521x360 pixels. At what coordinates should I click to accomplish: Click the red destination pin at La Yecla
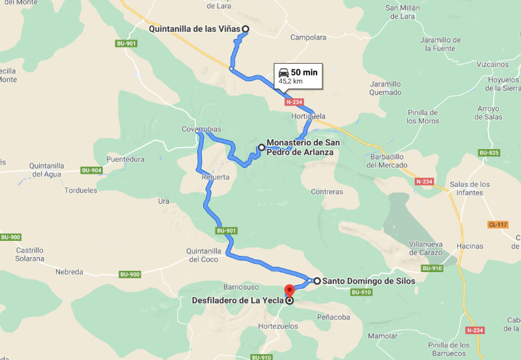pyautogui.click(x=290, y=290)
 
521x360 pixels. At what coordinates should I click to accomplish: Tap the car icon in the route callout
pyautogui.click(x=283, y=72)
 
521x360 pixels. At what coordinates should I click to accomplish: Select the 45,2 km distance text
pyautogui.click(x=290, y=82)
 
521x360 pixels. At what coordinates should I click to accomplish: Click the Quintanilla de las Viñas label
pyautogui.click(x=195, y=29)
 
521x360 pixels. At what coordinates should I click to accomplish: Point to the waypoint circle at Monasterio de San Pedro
pyautogui.click(x=262, y=148)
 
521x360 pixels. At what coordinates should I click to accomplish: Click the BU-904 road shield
pyautogui.click(x=91, y=171)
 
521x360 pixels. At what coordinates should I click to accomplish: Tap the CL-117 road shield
pyautogui.click(x=497, y=225)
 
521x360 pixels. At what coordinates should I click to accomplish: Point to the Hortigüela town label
pyautogui.click(x=308, y=117)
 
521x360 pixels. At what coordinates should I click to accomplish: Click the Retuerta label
pyautogui.click(x=215, y=177)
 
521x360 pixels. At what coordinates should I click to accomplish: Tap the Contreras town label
pyautogui.click(x=327, y=192)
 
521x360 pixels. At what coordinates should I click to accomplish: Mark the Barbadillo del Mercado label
pyautogui.click(x=387, y=161)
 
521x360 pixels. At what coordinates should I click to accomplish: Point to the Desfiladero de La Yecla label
pyautogui.click(x=237, y=301)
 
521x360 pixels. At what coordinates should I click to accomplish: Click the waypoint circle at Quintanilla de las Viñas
pyautogui.click(x=246, y=29)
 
